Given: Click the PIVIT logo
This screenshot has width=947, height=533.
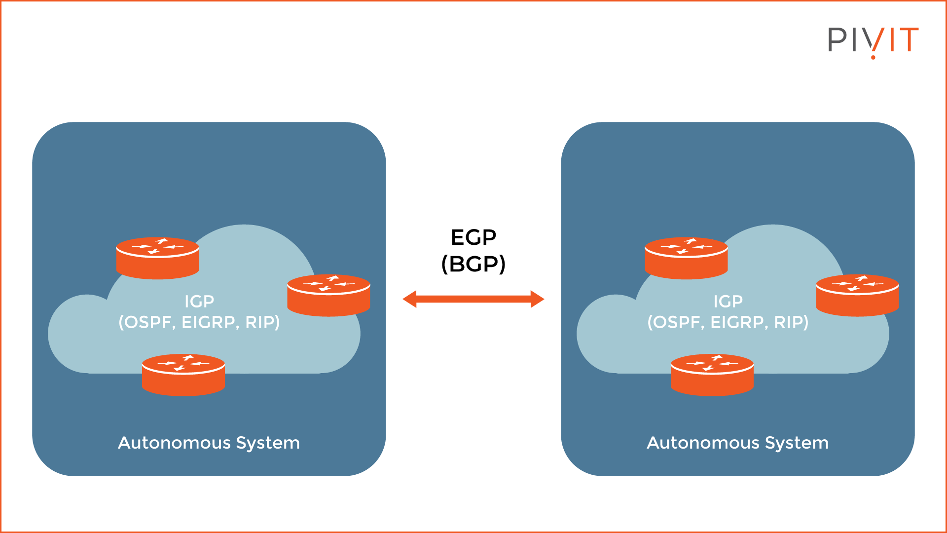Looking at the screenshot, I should click(x=873, y=40).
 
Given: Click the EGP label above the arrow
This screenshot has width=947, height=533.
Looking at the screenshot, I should click(x=473, y=238).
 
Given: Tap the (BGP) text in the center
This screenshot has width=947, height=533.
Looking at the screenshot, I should click(x=473, y=264).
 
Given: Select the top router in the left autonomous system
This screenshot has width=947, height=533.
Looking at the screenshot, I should click(x=157, y=258).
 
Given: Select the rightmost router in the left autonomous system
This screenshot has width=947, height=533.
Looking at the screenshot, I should click(x=328, y=295).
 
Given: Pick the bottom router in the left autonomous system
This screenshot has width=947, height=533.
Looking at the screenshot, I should click(x=183, y=375).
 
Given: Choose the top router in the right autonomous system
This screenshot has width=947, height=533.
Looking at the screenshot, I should click(x=686, y=258).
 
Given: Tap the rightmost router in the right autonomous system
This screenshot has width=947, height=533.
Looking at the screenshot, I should click(x=857, y=295).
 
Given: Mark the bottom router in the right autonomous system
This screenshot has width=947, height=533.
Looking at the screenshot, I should click(x=712, y=375).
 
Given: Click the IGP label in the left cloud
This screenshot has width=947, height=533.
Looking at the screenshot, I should click(x=199, y=301).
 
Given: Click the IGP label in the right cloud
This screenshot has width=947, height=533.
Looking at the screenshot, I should click(x=728, y=301).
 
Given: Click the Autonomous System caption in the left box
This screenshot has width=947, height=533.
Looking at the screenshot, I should click(x=209, y=443).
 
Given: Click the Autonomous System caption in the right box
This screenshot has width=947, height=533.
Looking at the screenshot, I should click(x=737, y=443).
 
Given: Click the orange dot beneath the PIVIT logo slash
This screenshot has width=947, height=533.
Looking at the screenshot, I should click(x=873, y=57).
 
